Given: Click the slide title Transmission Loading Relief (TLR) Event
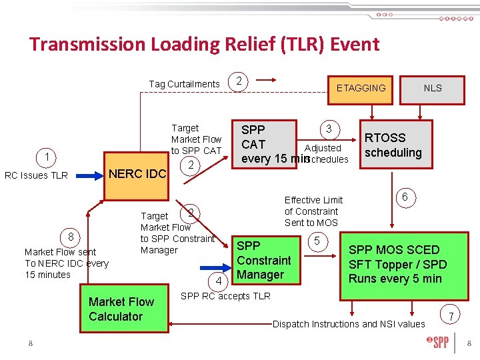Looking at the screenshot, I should [x=204, y=45].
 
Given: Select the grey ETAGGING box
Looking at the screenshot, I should [x=361, y=87].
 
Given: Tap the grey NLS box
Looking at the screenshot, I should [x=433, y=87].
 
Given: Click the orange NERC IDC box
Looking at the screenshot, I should [x=137, y=174].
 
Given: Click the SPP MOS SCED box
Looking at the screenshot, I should [x=397, y=264].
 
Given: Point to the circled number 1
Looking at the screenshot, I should [x=47, y=157].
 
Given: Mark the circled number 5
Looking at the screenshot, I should [x=317, y=241].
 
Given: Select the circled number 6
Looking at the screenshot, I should [x=403, y=197].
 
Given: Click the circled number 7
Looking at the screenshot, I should [x=451, y=315].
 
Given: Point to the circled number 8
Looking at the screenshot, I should [x=71, y=237].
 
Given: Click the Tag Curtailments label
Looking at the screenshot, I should [x=184, y=84].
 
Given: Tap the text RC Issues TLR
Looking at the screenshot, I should [x=36, y=176].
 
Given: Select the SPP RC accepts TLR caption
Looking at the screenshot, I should [x=225, y=296].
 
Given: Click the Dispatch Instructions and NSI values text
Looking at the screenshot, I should [x=349, y=324].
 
